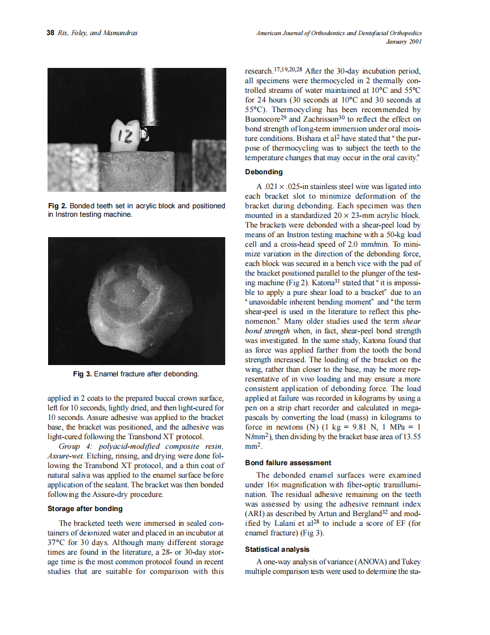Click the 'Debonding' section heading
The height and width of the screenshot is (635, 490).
(x=264, y=171)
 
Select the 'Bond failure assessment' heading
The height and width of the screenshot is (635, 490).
(x=288, y=462)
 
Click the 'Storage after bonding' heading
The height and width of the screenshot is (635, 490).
(x=85, y=508)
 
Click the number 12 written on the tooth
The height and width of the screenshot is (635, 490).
(x=124, y=136)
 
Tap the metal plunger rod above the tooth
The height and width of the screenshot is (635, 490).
(x=149, y=96)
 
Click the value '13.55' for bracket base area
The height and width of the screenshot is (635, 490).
(x=411, y=436)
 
